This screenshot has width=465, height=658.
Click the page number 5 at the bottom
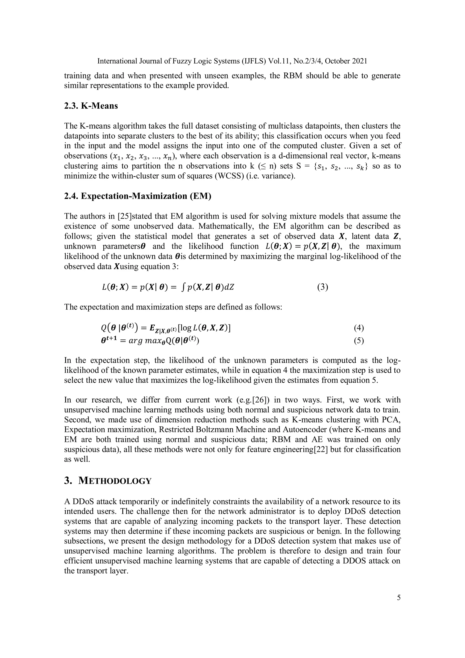[398, 598]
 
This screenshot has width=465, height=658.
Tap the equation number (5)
[359, 341]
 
